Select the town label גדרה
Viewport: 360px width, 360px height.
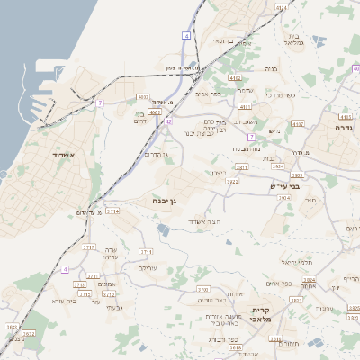[346, 128]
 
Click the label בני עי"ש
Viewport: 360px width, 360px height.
[284, 185]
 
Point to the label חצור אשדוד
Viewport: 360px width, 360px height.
[205, 221]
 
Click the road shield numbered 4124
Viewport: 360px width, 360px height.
[282, 7]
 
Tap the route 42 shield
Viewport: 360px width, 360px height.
[168, 121]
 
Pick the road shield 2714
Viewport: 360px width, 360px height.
[112, 211]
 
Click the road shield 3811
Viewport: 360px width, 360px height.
[241, 167]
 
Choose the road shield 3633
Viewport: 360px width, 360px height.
[10, 328]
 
